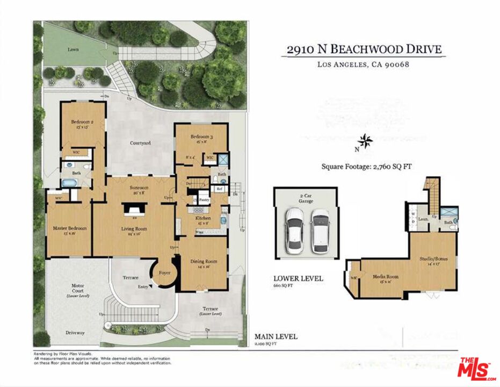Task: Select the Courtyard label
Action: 140,143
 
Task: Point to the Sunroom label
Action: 139,188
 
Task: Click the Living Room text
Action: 134,228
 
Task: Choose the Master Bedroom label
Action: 70,228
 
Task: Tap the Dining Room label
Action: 204,262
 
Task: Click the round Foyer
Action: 164,273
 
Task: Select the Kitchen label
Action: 203,219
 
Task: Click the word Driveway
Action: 75,333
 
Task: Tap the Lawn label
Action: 73,49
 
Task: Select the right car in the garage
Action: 321,231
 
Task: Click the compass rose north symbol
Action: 366,141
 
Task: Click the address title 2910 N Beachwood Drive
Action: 364,49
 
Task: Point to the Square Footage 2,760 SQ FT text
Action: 366,167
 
